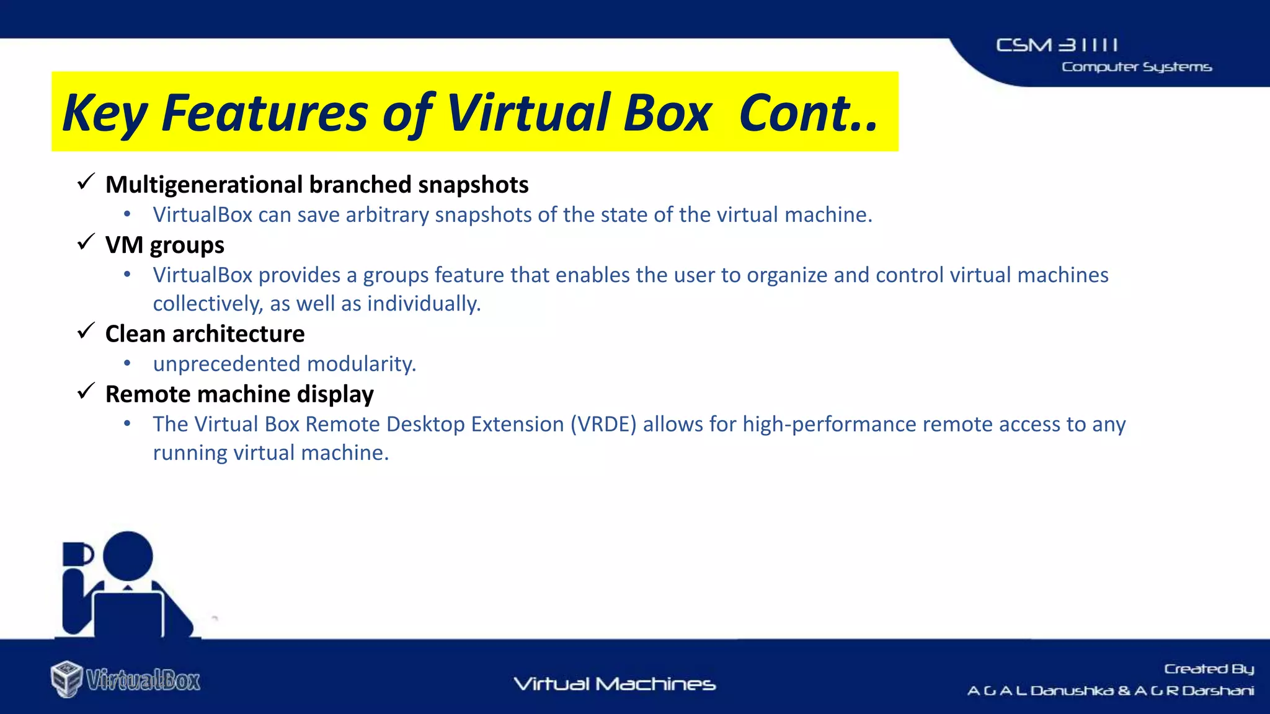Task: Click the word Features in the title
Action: [x=265, y=113]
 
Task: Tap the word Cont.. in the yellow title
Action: [x=809, y=113]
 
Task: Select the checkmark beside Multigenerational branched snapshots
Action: [x=86, y=182]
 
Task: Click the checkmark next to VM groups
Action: [x=86, y=242]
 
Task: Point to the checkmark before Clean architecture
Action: [x=86, y=332]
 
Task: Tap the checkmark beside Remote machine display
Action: [x=86, y=392]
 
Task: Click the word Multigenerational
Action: [x=204, y=185]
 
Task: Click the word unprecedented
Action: [x=227, y=364]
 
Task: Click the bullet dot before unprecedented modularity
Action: [x=127, y=363]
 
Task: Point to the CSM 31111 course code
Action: [x=1057, y=45]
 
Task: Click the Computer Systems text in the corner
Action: [x=1136, y=67]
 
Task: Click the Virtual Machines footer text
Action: [x=615, y=684]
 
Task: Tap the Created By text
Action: [x=1209, y=669]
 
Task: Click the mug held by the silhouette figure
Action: [x=77, y=554]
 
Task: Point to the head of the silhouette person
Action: [x=128, y=555]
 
